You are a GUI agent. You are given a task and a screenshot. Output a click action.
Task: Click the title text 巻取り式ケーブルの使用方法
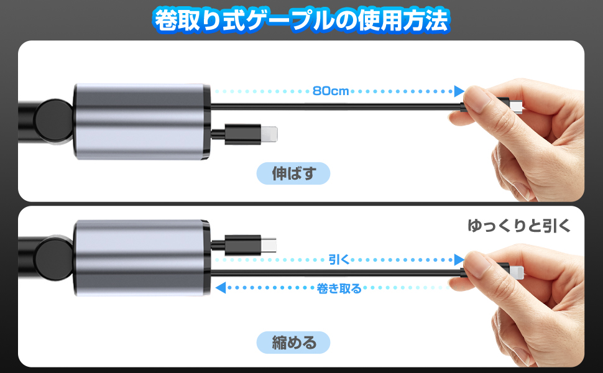tap(301, 21)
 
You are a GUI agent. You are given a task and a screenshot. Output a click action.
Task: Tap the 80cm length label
tap(331, 91)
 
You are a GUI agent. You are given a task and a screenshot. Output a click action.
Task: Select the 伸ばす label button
tap(293, 174)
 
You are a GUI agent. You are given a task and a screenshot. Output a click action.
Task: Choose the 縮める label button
tap(293, 341)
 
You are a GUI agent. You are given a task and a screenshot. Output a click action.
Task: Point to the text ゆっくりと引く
tap(518, 226)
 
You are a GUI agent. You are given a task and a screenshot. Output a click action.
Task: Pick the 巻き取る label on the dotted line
tap(339, 288)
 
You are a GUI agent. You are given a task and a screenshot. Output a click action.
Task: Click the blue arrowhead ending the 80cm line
tap(459, 91)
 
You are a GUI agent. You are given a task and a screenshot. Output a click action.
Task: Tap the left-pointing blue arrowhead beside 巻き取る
tap(219, 288)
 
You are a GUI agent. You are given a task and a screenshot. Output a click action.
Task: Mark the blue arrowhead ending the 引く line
tap(459, 259)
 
